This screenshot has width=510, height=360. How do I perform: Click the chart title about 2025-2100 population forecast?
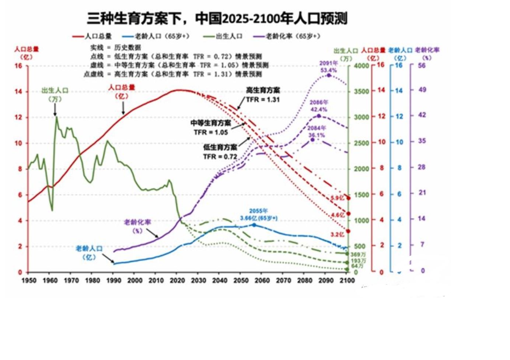click(x=217, y=18)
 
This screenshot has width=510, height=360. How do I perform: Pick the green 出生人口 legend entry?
click(x=223, y=36)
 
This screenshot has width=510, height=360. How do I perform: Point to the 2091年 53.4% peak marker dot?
click(x=329, y=75)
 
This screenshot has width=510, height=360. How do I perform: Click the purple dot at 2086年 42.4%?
click(x=319, y=116)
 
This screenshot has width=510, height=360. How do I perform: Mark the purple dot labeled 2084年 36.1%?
click(x=312, y=139)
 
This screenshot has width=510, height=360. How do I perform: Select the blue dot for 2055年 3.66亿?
click(x=254, y=225)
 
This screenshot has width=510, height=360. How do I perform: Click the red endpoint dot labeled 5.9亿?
click(x=348, y=198)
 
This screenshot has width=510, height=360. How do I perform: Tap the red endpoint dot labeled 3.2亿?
click(x=348, y=231)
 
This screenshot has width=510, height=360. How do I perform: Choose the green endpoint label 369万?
click(x=358, y=255)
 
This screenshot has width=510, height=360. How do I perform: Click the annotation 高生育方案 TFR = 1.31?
click(x=263, y=95)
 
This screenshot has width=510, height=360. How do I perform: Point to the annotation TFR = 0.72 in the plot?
click(x=220, y=157)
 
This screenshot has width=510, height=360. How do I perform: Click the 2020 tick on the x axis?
click(x=177, y=281)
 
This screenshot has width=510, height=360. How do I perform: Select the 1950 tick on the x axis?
click(x=29, y=281)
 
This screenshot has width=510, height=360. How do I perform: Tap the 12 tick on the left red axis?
click(x=18, y=117)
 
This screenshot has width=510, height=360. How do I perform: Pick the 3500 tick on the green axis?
click(x=361, y=91)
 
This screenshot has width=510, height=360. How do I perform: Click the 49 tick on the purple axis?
click(x=422, y=90)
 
